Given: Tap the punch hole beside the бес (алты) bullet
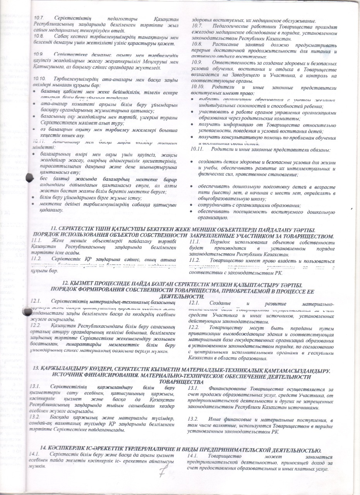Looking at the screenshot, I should click(30, 178).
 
